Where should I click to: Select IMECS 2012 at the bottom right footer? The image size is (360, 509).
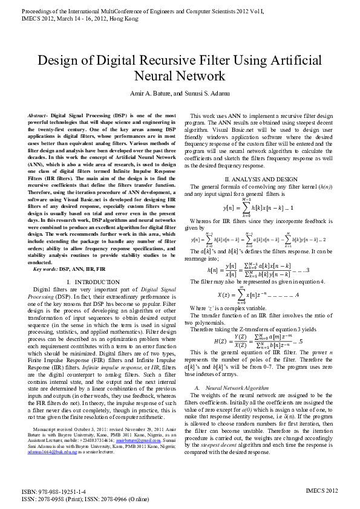click(322, 491)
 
